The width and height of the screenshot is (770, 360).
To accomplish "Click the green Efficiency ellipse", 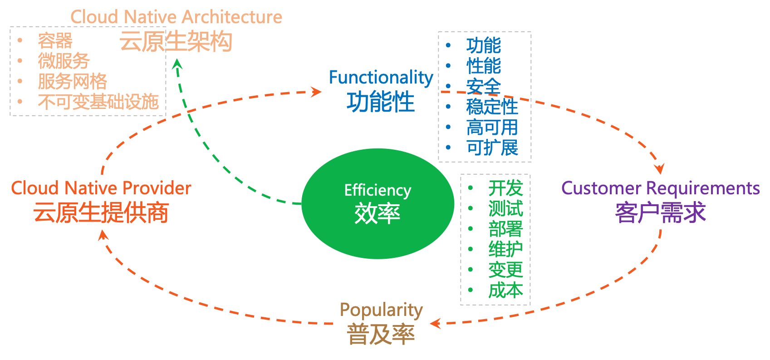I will point(378,204).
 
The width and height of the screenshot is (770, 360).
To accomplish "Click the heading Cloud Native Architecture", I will point(176,17).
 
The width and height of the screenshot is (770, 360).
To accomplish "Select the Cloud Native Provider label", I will point(101,188).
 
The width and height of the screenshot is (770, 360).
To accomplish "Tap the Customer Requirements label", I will point(660,188).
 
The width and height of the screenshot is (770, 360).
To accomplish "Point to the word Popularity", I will point(381,310).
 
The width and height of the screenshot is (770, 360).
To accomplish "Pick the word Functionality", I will point(381,78).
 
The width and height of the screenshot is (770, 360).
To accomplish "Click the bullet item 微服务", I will point(64,61).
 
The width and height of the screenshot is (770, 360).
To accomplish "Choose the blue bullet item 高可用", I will point(492,128).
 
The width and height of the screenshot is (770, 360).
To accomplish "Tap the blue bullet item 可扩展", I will point(492,148).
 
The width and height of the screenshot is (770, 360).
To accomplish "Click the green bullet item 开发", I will point(505,188).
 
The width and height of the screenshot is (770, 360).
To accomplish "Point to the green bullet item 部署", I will point(505,229).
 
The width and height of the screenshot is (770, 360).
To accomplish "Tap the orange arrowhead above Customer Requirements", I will point(660,169).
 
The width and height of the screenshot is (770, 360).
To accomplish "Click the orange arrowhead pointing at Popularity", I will point(435,323).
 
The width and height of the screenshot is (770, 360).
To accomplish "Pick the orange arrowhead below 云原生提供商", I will point(103,235).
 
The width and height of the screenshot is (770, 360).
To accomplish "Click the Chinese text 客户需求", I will point(660,212).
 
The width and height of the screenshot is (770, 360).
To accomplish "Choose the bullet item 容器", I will point(55,41).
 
